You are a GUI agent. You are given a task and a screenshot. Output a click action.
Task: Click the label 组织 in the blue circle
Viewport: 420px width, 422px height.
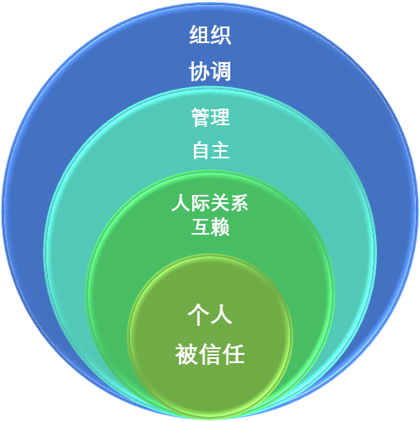coord(210,35)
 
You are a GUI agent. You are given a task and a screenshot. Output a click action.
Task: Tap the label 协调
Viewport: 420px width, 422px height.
coord(210,71)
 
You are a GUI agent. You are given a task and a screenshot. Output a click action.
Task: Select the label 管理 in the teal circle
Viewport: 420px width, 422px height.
coord(210,117)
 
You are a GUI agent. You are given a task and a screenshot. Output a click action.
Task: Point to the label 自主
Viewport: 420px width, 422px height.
coord(210,150)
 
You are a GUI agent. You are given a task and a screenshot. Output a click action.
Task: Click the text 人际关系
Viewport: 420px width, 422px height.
coord(210,202)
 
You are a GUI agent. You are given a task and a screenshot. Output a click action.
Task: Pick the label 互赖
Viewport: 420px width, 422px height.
coord(210,226)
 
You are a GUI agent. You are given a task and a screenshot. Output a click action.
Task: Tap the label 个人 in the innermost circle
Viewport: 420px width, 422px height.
coord(210,314)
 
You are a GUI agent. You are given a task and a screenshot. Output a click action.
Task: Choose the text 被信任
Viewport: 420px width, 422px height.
coord(210,354)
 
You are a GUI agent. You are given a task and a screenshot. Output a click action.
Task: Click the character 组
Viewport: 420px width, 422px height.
coord(200,35)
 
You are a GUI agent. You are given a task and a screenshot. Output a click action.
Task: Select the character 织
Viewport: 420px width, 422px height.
coord(221,35)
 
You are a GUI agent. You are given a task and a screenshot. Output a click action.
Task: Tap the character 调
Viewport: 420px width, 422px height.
coord(221,71)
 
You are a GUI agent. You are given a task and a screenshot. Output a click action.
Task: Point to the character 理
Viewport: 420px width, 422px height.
coord(220,117)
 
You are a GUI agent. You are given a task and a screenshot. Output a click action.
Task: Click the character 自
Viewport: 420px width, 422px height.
coord(200,150)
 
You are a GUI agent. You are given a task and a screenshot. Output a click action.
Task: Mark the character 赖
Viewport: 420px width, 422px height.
coord(220,226)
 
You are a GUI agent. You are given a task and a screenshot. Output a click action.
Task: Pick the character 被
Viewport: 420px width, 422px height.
coord(186,354)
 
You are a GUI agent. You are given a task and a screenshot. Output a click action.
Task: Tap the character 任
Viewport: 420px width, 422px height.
coord(234,354)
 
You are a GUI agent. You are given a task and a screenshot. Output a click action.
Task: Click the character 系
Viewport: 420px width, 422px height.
coord(239,202)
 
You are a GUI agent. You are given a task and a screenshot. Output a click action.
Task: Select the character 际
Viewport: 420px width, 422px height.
coord(200,202)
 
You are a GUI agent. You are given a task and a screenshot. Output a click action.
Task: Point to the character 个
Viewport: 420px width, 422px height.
coord(198,314)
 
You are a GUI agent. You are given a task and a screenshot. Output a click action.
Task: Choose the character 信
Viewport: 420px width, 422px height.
coord(210,354)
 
